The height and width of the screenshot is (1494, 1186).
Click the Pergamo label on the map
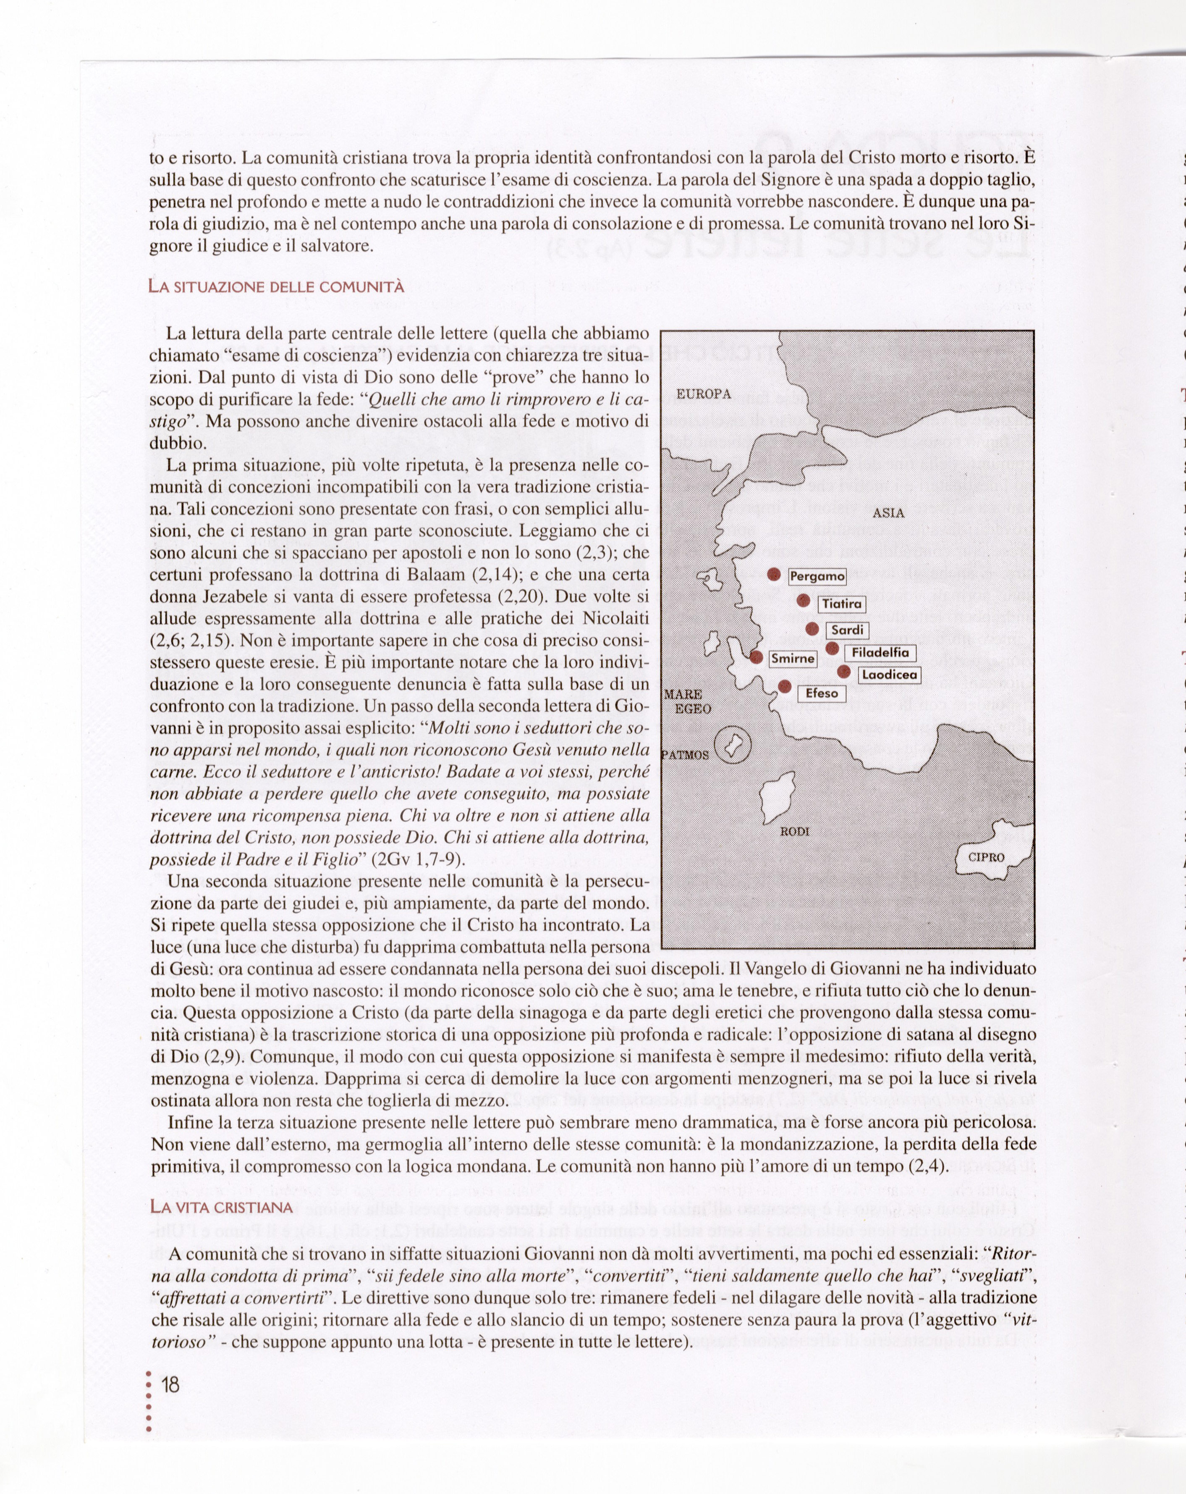(x=817, y=576)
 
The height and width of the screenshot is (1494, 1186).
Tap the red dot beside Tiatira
(x=804, y=600)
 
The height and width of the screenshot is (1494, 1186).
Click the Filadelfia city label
(x=880, y=653)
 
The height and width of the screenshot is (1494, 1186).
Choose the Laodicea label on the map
(x=890, y=674)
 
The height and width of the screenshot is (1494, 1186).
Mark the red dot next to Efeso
(x=785, y=686)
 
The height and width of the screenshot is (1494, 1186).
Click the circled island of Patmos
(x=733, y=747)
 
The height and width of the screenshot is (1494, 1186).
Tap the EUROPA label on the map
(x=703, y=394)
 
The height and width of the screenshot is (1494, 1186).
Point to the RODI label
(x=795, y=831)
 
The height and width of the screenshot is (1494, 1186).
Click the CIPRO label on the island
(x=986, y=857)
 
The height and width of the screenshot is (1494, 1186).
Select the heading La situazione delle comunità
(x=276, y=286)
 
